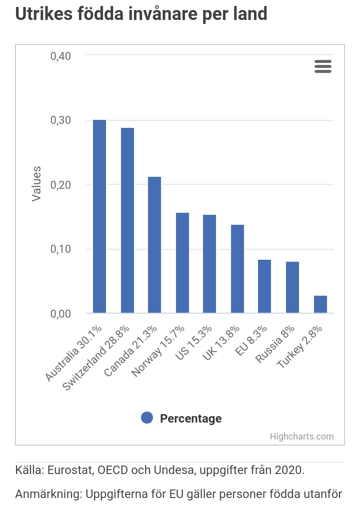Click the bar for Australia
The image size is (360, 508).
pyautogui.click(x=99, y=217)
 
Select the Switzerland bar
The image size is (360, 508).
pyautogui.click(x=127, y=221)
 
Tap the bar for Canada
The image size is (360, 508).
pyautogui.click(x=154, y=245)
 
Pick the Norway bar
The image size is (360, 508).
pyautogui.click(x=182, y=263)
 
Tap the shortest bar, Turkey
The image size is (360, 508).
pyautogui.click(x=320, y=304)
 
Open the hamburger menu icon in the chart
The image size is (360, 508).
pyautogui.click(x=323, y=66)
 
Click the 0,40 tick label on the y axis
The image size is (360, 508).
pyautogui.click(x=60, y=55)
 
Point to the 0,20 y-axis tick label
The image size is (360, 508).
pyautogui.click(x=60, y=185)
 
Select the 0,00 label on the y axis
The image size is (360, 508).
pyautogui.click(x=60, y=314)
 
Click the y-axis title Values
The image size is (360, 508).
pyautogui.click(x=36, y=184)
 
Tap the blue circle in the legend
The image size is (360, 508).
pyautogui.click(x=147, y=418)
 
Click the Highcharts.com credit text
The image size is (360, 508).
pyautogui.click(x=301, y=436)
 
